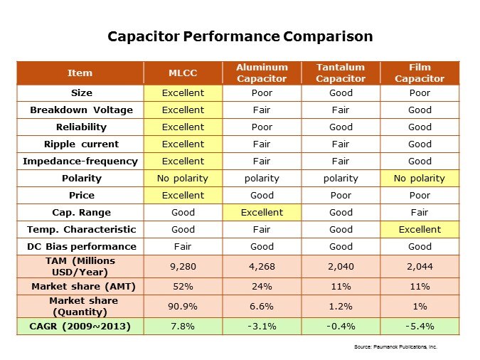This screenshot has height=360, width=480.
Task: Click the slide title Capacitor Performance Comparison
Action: pyautogui.click(x=240, y=36)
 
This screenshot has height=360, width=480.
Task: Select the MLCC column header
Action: pyautogui.click(x=183, y=73)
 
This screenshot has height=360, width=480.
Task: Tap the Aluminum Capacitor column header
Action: pyautogui.click(x=262, y=73)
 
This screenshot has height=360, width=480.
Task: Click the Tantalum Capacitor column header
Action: pyautogui.click(x=341, y=73)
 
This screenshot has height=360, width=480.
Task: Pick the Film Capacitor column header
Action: pyautogui.click(x=420, y=73)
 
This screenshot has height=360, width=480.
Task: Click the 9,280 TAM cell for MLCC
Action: pyautogui.click(x=183, y=266)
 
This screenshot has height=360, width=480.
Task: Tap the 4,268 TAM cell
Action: pyautogui.click(x=262, y=266)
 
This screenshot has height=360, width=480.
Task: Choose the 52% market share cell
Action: pyautogui.click(x=183, y=286)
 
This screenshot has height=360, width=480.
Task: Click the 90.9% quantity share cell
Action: pyautogui.click(x=183, y=306)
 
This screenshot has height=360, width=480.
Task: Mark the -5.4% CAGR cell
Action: pyautogui.click(x=420, y=326)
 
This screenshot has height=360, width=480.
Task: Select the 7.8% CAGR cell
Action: pyautogui.click(x=183, y=326)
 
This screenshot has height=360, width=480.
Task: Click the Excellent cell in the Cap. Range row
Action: pyautogui.click(x=262, y=212)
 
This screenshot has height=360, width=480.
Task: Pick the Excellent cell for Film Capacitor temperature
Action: pyautogui.click(x=420, y=229)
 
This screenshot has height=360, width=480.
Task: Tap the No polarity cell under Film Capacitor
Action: pyautogui.click(x=420, y=178)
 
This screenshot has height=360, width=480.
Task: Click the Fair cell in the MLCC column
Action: pyautogui.click(x=183, y=246)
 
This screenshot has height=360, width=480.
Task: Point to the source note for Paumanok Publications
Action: pyautogui.click(x=395, y=346)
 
